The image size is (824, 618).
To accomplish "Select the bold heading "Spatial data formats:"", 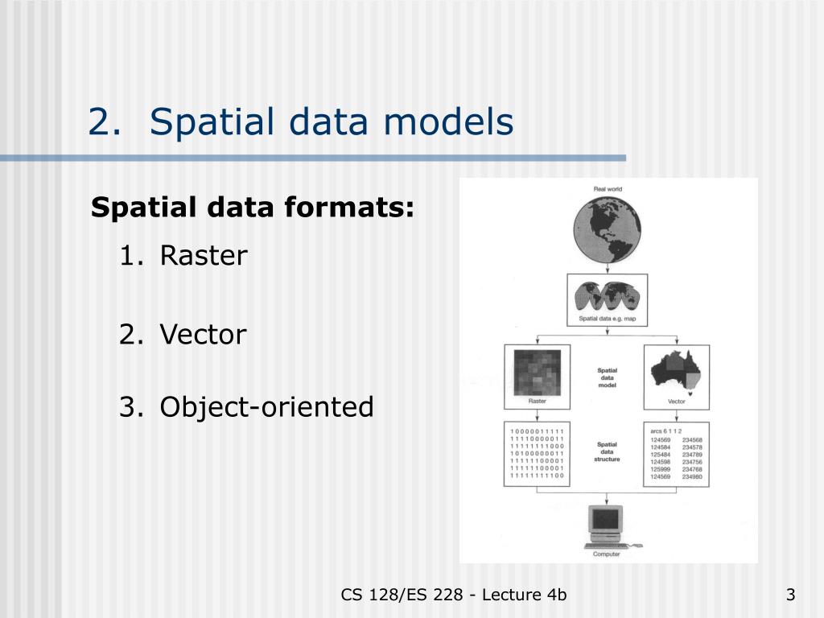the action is (253, 208).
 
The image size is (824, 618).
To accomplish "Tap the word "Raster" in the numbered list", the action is (204, 257).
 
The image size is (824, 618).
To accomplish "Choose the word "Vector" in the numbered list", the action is (203, 334).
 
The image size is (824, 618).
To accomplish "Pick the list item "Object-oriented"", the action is (266, 407).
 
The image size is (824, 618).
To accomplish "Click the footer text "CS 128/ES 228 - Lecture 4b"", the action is (454, 595).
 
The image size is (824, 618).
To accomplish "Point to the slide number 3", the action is (790, 595).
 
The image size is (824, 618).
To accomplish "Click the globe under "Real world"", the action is (608, 229).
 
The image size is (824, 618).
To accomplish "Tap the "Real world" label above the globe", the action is (608, 189).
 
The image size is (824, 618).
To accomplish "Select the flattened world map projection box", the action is (608, 295).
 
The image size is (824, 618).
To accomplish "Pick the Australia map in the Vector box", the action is (676, 371).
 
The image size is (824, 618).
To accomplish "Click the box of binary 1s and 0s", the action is (537, 453).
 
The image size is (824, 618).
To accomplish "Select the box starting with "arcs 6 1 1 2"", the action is (676, 453).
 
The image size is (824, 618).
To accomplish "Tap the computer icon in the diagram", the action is (608, 525).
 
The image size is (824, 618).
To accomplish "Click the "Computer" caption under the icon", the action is (608, 554).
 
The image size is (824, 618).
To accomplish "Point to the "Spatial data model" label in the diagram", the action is (607, 377).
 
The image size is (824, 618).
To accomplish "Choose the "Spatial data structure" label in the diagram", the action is (607, 453).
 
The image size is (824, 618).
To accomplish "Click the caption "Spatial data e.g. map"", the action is (608, 319).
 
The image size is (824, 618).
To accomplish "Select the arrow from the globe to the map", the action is (608, 268).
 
